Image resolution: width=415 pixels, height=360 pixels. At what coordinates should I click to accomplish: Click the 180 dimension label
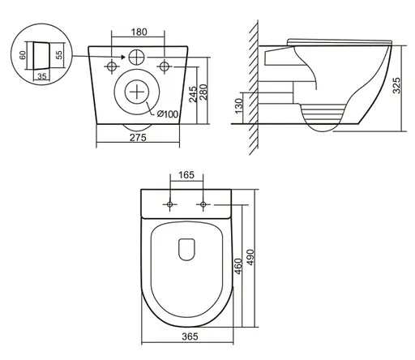tap(139, 32)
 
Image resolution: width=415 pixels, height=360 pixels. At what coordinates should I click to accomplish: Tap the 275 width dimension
tap(138, 138)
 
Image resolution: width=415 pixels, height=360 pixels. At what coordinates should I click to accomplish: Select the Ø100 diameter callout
tap(168, 114)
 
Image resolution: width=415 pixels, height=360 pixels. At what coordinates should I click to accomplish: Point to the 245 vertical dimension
tap(193, 94)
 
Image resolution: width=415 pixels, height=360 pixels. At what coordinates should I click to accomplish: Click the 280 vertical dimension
tap(203, 92)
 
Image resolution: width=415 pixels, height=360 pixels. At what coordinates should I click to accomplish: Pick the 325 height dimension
tap(396, 85)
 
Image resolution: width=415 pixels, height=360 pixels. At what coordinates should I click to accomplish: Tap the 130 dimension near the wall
tap(239, 106)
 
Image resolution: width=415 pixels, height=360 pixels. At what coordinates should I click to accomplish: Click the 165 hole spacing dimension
tap(186, 175)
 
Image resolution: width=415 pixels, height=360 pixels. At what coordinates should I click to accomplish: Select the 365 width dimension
tap(190, 336)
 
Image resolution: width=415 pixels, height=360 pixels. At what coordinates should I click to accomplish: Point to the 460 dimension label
tap(238, 266)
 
